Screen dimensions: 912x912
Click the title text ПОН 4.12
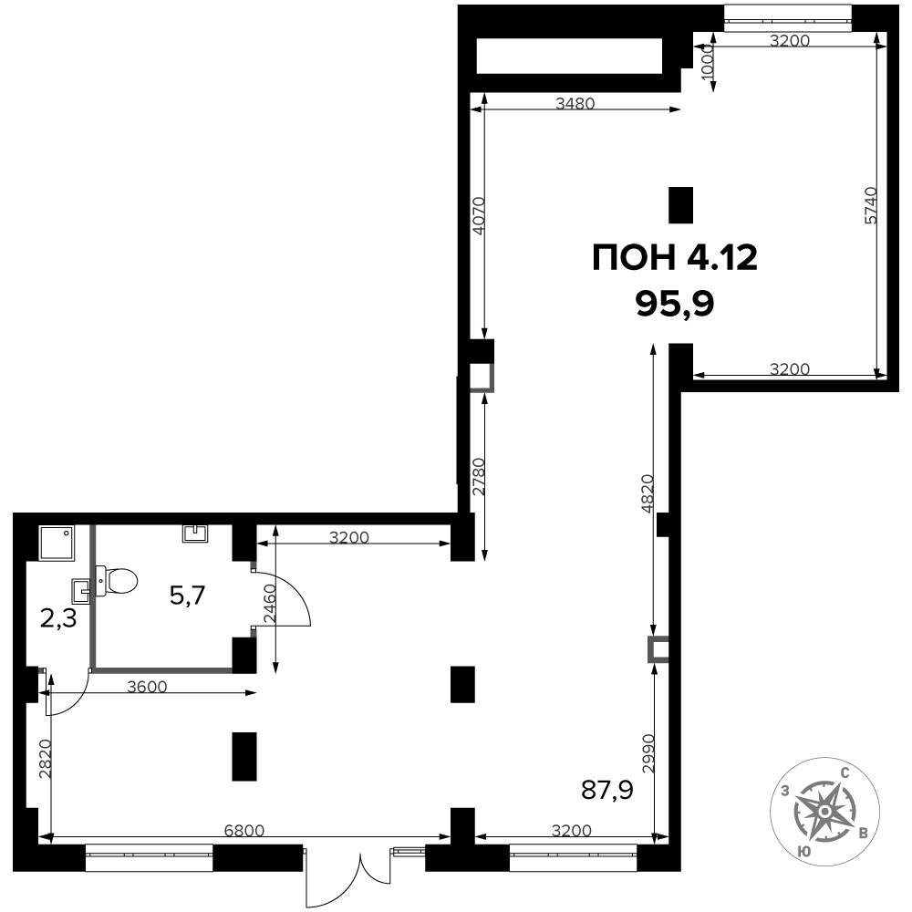675,257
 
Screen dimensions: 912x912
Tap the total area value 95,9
675,303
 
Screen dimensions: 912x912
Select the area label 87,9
607,790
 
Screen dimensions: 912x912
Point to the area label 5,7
187,596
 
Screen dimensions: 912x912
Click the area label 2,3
58,619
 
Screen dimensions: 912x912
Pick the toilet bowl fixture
116,580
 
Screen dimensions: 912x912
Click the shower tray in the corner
57,543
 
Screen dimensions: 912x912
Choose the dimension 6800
244,830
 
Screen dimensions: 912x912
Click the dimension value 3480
575,104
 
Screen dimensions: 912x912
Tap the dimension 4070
479,216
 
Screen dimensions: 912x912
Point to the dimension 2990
648,753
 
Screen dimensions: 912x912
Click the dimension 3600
147,687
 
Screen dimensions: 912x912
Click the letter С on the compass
845,773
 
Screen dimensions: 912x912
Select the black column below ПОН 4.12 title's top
681,204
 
